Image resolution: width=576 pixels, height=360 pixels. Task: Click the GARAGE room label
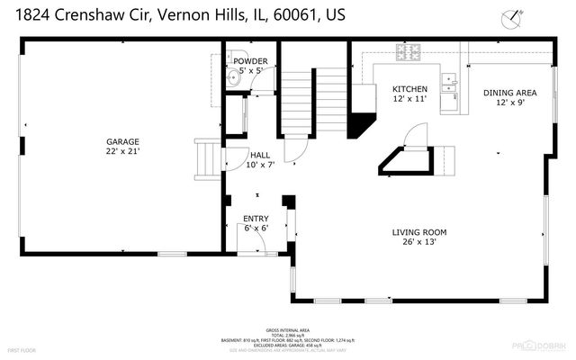[x=123, y=141]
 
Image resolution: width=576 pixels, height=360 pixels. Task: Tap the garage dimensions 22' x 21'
[x=123, y=151]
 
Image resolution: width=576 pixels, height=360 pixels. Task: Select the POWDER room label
[x=250, y=61]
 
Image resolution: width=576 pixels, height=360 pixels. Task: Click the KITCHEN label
[x=410, y=89]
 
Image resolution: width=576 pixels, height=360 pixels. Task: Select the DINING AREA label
[x=509, y=93]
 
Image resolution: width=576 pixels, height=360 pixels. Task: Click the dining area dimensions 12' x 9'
[x=509, y=103]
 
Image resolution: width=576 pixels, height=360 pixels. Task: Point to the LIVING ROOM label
[x=419, y=232]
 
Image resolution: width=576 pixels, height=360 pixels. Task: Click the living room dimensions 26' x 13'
[x=419, y=242]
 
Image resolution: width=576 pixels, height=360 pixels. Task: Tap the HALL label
[x=260, y=154]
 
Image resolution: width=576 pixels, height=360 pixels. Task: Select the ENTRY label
[x=256, y=219]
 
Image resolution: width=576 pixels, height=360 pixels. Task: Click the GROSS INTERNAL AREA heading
[x=288, y=330]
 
